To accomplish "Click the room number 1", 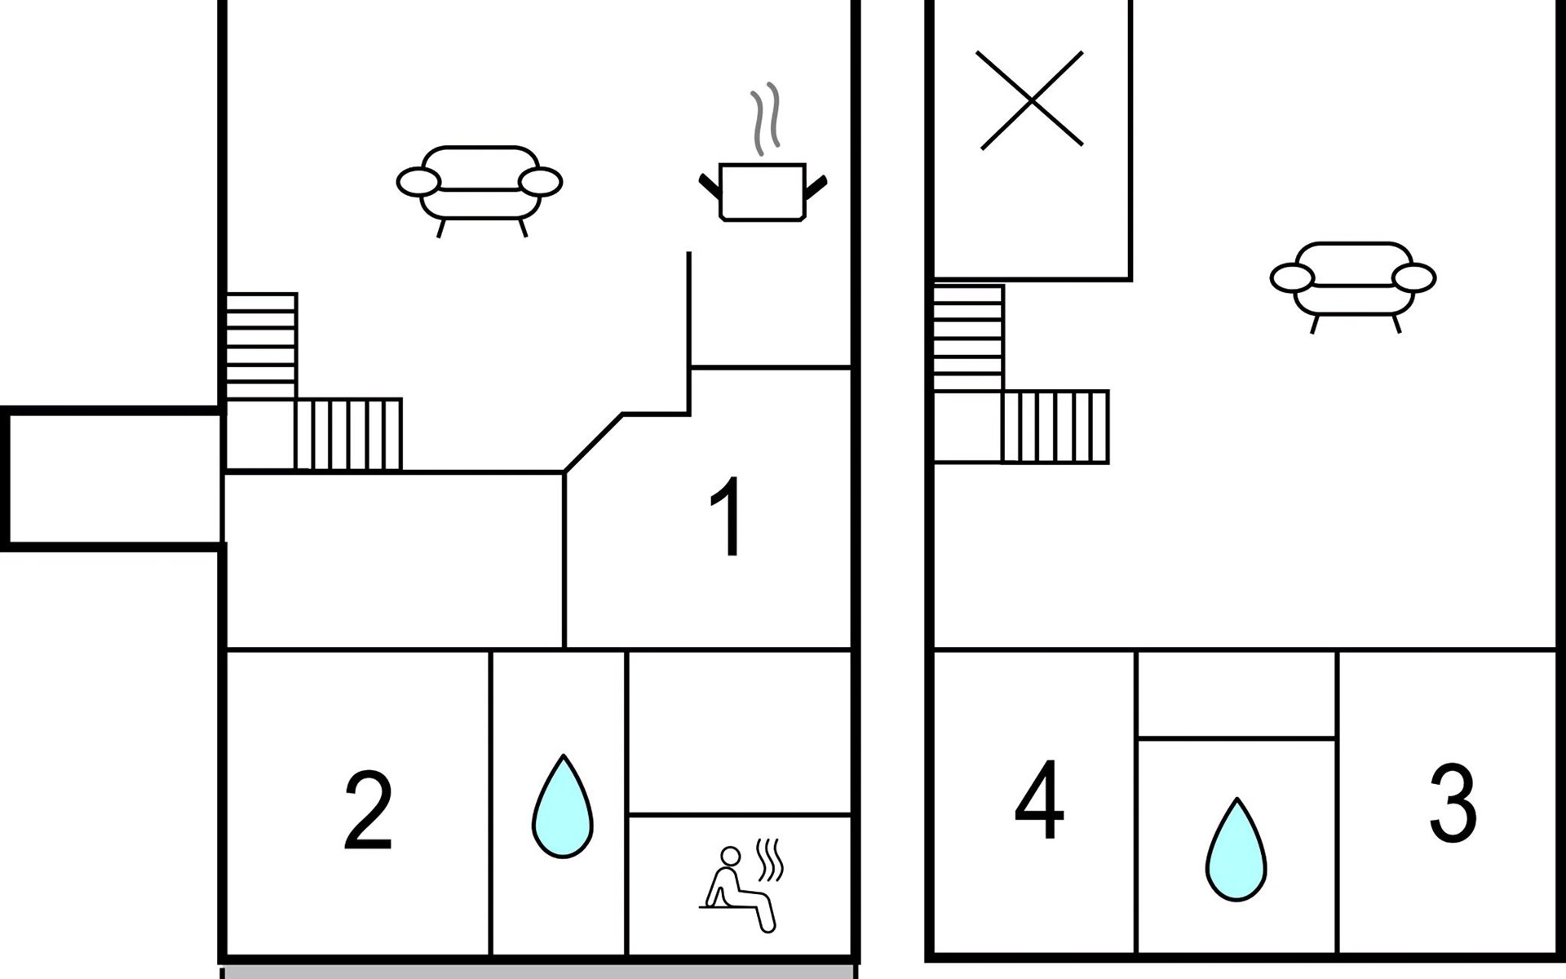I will click(x=727, y=516).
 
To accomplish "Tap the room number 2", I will click(x=369, y=810).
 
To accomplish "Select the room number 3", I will click(x=1453, y=803).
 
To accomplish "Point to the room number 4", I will click(x=1039, y=800).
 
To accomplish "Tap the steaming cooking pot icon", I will click(x=763, y=191).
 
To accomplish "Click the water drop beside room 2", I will click(x=562, y=808).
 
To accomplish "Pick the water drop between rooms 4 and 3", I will click(x=1236, y=851).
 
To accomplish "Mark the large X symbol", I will click(x=1030, y=100).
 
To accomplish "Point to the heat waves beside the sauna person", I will click(x=770, y=860).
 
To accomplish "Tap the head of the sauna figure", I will click(x=731, y=855).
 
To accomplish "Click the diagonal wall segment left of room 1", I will click(x=593, y=443).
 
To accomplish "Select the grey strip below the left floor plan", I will click(x=538, y=972).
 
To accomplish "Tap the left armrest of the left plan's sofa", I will click(x=418, y=182).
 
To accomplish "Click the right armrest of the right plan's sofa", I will click(x=1414, y=278).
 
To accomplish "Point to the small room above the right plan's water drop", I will click(x=1236, y=694).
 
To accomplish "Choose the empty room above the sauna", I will click(x=739, y=731).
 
